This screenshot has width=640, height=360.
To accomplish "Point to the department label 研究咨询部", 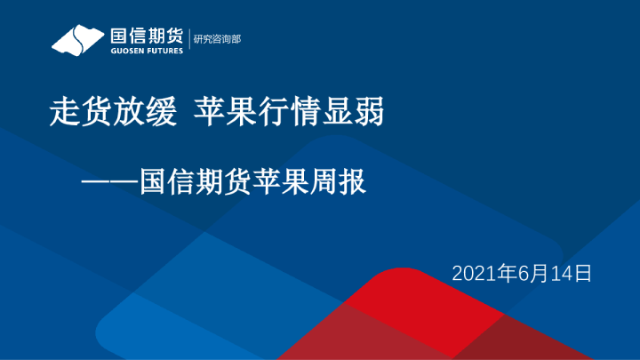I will click(x=218, y=40).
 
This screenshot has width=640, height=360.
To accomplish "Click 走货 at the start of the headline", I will click(x=72, y=114).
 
